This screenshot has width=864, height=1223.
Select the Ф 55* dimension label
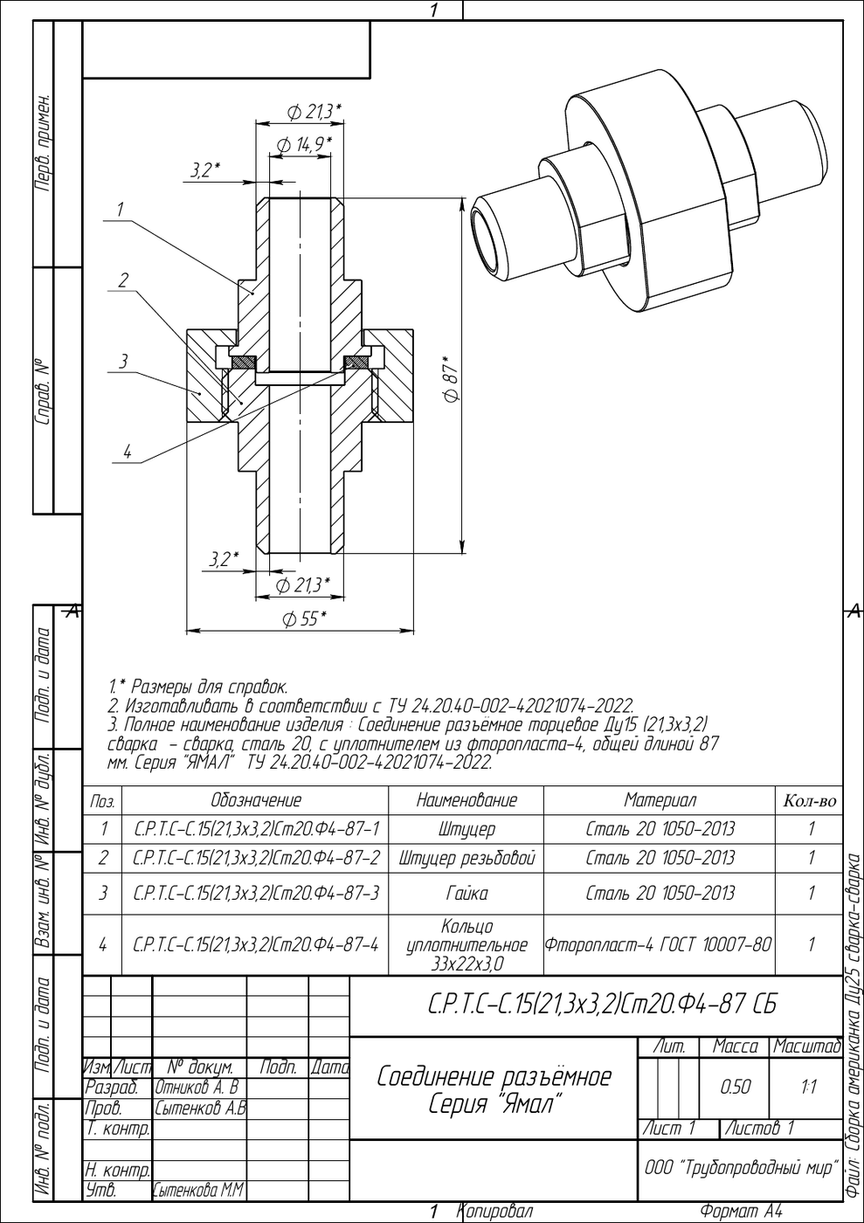[304, 619]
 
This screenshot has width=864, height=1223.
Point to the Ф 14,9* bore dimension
[304, 145]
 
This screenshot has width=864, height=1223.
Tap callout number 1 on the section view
[121, 209]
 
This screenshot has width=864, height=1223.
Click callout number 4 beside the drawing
[128, 452]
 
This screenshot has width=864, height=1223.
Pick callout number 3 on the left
[124, 361]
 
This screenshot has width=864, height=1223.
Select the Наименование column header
[466, 800]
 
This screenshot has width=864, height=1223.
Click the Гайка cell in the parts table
[466, 893]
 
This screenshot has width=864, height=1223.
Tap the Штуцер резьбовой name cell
[466, 858]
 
